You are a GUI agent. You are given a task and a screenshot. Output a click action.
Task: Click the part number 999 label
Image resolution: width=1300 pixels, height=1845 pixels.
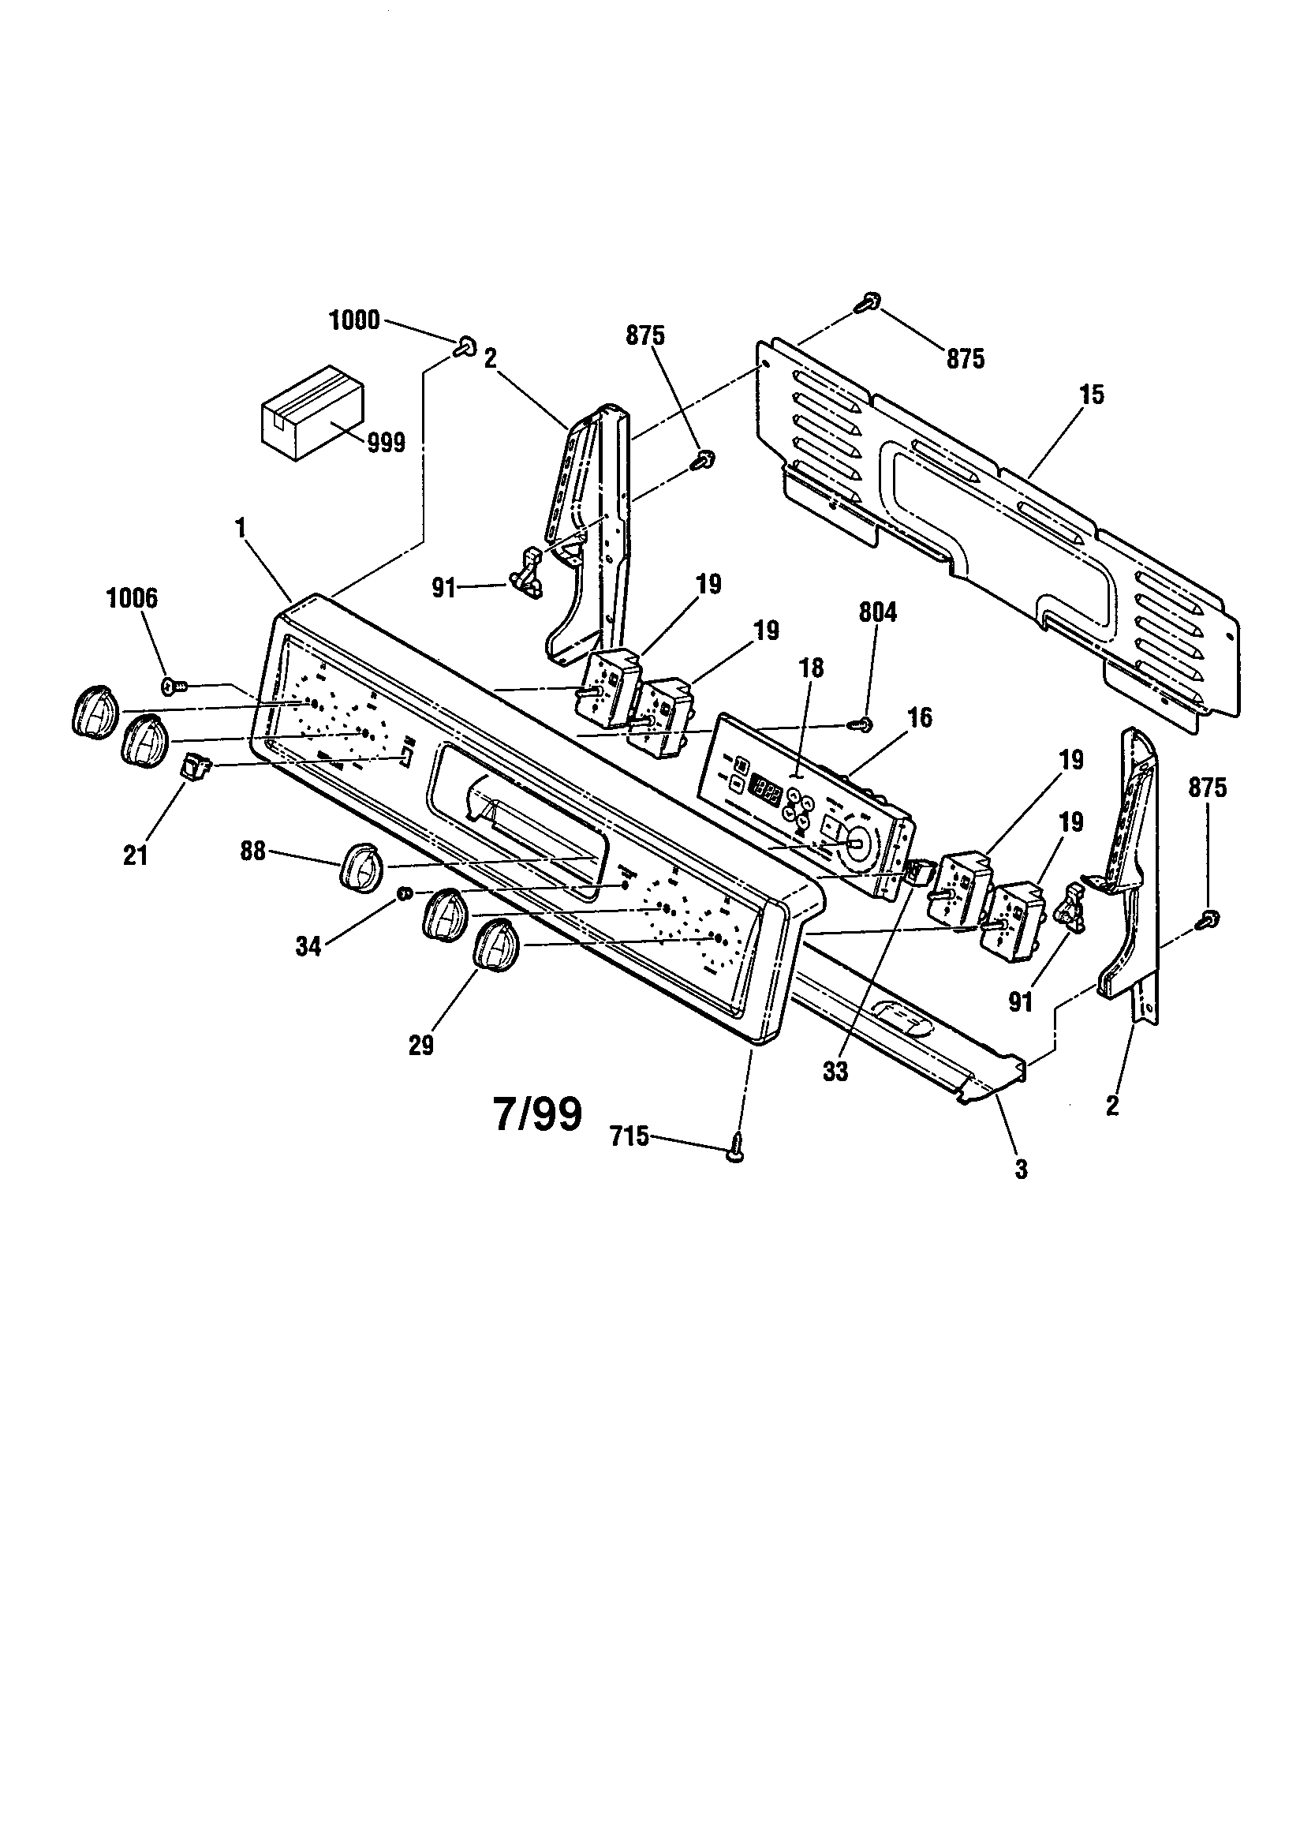[386, 443]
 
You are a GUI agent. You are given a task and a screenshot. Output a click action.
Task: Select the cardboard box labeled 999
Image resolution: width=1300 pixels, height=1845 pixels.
[312, 413]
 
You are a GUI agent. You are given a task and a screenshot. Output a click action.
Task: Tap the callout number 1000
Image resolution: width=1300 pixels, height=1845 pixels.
[354, 320]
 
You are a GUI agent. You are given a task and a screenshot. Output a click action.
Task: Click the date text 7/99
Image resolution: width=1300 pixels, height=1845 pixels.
[536, 1114]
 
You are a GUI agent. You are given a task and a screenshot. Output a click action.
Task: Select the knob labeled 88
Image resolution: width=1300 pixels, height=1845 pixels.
[358, 867]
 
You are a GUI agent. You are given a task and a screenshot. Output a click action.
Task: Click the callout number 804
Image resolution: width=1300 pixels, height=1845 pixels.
[877, 613]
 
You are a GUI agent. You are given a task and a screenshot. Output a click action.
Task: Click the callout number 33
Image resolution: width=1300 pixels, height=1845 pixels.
[835, 1072]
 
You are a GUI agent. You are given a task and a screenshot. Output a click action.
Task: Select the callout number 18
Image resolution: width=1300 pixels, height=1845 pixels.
[810, 668]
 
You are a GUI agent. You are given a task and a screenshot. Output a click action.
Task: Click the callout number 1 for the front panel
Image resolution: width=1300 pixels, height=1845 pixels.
[240, 527]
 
